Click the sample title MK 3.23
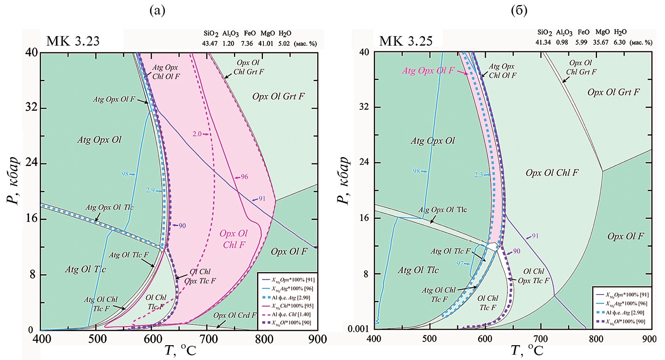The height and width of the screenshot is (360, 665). [x=73, y=41]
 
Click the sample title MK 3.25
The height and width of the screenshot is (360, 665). [x=406, y=41]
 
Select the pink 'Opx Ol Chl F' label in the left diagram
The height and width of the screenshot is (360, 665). [x=233, y=239]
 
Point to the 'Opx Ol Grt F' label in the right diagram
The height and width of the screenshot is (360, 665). [x=613, y=92]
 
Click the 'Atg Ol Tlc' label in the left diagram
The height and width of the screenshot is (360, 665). [x=85, y=270]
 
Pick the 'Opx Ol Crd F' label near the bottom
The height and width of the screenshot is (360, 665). [x=234, y=315]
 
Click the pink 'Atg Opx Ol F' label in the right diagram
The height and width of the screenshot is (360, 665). [x=428, y=71]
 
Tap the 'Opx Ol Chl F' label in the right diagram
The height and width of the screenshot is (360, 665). [x=552, y=173]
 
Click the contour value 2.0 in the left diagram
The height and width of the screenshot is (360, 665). [x=197, y=134]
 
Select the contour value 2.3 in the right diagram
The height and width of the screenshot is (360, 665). [x=478, y=175]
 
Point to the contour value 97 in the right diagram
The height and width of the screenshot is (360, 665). [x=460, y=263]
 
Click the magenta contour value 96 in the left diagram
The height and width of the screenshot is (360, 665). [x=244, y=177]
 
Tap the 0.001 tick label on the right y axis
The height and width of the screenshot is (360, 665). [x=359, y=329]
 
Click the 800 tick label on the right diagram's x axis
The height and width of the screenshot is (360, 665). [x=596, y=339]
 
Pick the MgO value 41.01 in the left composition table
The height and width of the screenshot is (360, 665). [x=267, y=44]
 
